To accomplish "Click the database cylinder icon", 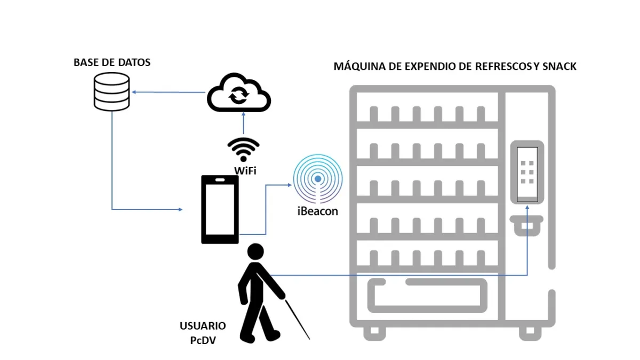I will click(111, 92).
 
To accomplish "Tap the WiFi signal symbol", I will click(243, 150).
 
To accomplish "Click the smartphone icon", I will click(219, 209).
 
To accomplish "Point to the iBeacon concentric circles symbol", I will click(318, 179).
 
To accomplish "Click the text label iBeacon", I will click(318, 211).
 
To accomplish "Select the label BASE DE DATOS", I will click(112, 62).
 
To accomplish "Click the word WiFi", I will click(245, 171).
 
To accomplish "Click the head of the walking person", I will click(255, 252).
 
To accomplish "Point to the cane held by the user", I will click(298, 320).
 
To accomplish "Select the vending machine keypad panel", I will click(527, 172).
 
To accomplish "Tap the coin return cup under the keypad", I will click(527, 225).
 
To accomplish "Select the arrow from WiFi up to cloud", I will click(243, 125).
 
